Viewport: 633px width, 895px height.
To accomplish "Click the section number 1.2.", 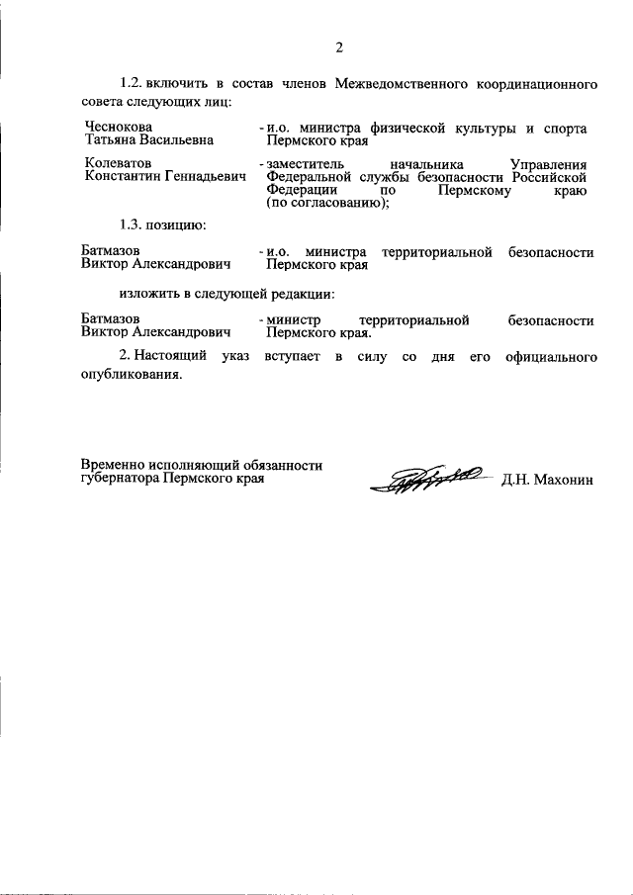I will pos(134,84).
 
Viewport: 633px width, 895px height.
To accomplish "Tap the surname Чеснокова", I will pos(119,128).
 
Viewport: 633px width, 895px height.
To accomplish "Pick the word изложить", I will pos(148,294).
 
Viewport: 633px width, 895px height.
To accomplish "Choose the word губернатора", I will pos(122,478).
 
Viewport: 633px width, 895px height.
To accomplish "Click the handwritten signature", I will pos(426,480).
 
